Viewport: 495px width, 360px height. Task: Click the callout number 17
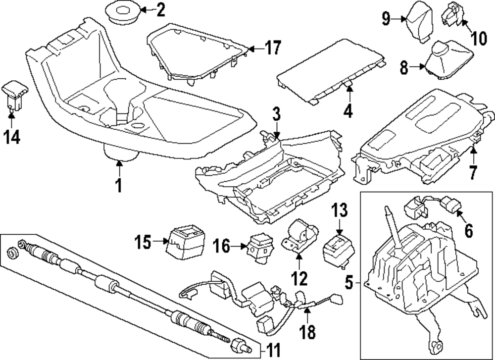click(x=272, y=48)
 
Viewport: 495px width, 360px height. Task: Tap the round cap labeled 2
click(x=122, y=12)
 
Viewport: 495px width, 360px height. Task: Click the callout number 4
click(x=348, y=111)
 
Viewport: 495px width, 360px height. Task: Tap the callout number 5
click(x=349, y=283)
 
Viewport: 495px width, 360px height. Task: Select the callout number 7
click(x=473, y=173)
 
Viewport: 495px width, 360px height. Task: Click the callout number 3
click(x=276, y=115)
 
